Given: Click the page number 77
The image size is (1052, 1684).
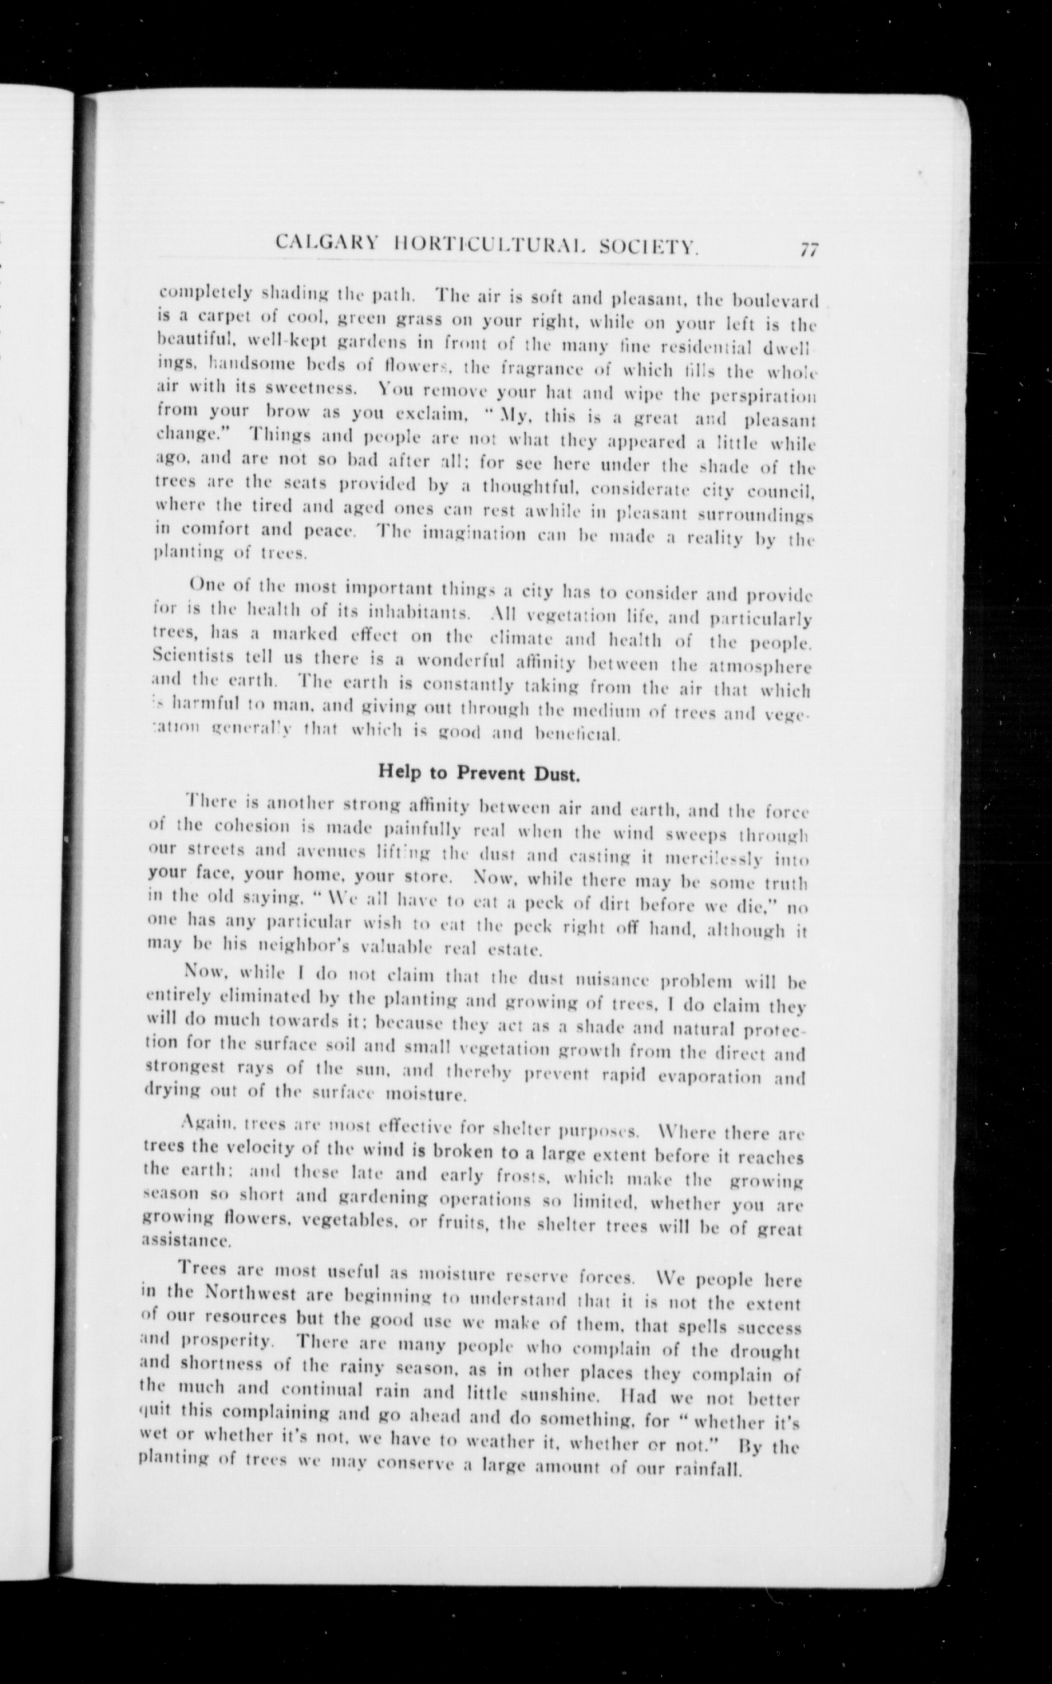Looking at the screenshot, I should click(809, 250).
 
